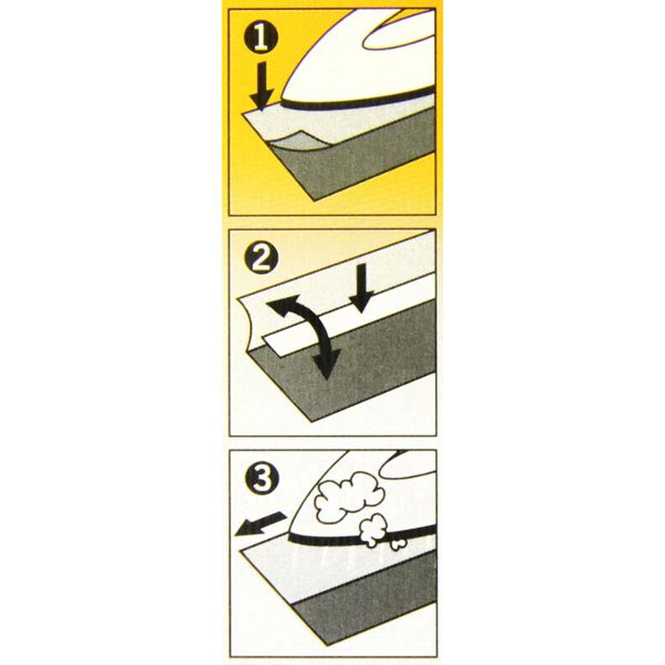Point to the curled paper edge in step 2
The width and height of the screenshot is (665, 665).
pyautogui.click(x=249, y=323)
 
